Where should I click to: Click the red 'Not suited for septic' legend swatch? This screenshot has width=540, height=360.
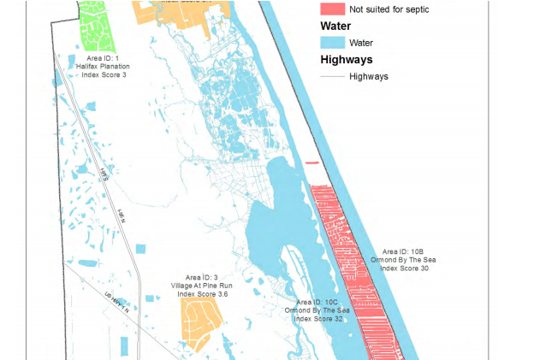click(331, 9)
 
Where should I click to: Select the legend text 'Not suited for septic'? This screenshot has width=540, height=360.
click(389, 9)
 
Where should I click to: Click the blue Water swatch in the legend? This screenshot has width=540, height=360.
click(331, 42)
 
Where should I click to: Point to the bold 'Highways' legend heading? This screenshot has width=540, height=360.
click(346, 60)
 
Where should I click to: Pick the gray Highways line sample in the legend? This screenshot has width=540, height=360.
click(331, 76)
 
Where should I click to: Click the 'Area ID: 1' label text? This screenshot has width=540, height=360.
click(107, 58)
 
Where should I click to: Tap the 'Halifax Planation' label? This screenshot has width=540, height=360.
click(107, 67)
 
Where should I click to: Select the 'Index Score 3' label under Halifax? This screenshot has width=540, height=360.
click(107, 75)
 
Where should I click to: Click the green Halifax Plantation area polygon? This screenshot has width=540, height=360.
click(96, 26)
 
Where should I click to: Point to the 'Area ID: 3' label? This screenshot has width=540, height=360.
click(202, 277)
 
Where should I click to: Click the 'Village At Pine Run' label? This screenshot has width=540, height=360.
click(202, 286)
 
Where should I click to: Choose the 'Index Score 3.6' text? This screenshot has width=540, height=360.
click(202, 294)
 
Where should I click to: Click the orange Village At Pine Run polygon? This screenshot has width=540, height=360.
click(201, 321)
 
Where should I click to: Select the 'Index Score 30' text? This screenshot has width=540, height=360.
click(403, 269)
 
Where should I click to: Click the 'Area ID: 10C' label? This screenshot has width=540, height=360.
click(317, 302)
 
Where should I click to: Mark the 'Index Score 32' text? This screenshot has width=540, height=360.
click(317, 319)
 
